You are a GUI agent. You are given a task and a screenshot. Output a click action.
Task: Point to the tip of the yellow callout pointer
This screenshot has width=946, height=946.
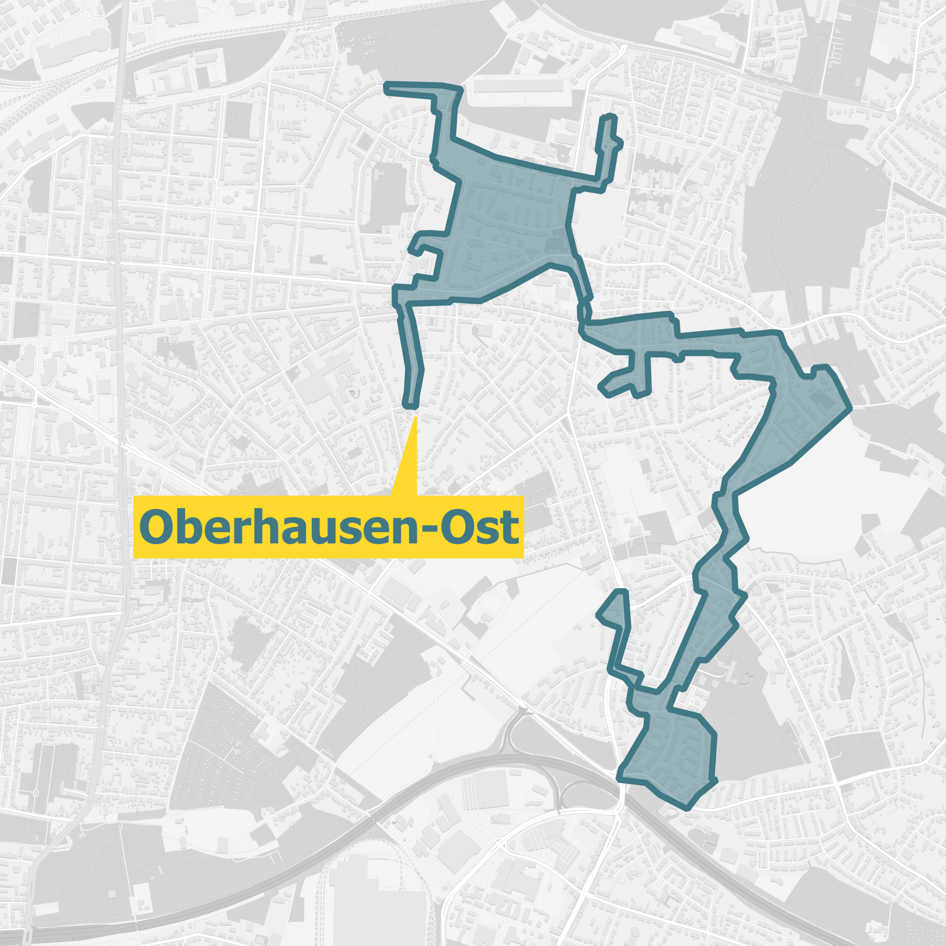(x=415, y=417)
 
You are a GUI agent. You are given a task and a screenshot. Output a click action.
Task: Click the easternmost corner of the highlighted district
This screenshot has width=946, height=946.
(x=850, y=407)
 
